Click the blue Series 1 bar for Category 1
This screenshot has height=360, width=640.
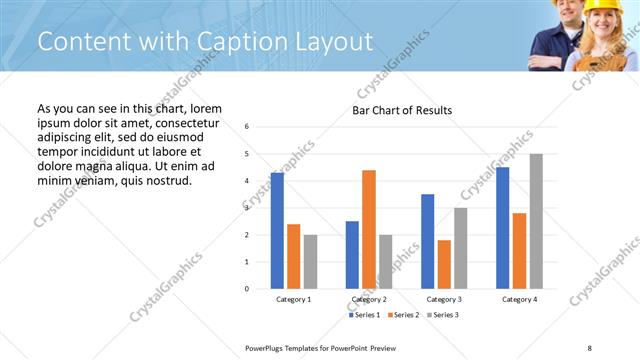[x=277, y=230]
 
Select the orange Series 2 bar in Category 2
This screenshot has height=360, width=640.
[x=369, y=229]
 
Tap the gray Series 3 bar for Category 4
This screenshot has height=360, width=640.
[x=536, y=221]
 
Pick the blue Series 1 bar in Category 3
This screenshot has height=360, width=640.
[x=428, y=241]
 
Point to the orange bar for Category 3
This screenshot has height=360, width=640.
[x=444, y=264]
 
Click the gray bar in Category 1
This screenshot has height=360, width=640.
[x=310, y=261]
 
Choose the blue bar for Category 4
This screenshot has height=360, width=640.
[x=503, y=228]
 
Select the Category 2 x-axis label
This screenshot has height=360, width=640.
[x=369, y=299]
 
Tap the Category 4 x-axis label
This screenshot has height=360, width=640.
[x=519, y=299]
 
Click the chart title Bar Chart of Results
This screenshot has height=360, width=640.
[x=402, y=110]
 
